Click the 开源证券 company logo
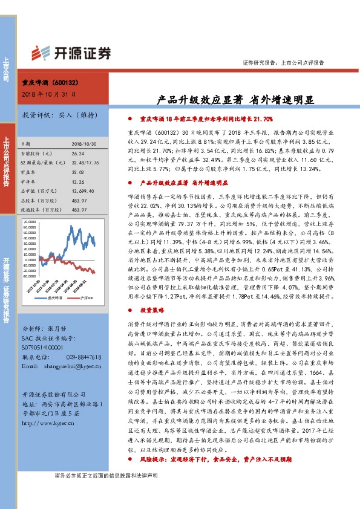pyautogui.click(x=72, y=53)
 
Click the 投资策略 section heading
pyautogui.click(x=151, y=309)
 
